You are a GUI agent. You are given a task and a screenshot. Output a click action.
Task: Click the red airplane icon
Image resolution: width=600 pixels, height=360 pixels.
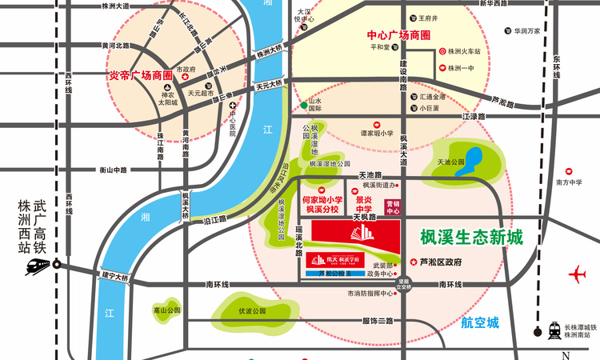coord(578,275)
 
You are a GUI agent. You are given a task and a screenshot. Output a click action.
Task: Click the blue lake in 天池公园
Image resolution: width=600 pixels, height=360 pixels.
coord(474,156)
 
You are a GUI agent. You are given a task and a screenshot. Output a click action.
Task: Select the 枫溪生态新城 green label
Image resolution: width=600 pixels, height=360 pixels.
coord(471,238)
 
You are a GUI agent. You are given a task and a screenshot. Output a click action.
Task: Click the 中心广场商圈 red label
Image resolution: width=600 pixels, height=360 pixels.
coord(398,36)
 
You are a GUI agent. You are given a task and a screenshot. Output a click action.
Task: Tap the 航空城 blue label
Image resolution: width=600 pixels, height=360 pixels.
coord(480,323)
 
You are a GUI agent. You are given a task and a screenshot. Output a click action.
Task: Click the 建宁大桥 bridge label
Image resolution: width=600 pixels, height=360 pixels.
coord(115,277)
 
